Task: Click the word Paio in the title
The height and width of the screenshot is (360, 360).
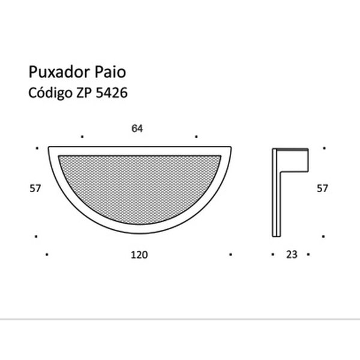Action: click(110, 73)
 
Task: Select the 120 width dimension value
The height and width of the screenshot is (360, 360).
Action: click(139, 254)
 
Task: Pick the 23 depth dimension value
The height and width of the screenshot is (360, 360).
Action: click(292, 254)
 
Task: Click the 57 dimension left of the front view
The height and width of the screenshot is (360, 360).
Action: click(34, 189)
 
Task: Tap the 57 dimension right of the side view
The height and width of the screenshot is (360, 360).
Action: click(322, 189)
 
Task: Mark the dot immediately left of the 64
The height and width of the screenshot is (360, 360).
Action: click(82, 136)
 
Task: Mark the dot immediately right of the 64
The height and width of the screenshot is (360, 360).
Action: click(196, 136)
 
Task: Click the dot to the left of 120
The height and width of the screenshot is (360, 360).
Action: click(47, 254)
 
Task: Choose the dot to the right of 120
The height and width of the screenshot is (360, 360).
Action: click(230, 254)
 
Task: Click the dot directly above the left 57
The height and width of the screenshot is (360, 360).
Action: click(37, 148)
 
